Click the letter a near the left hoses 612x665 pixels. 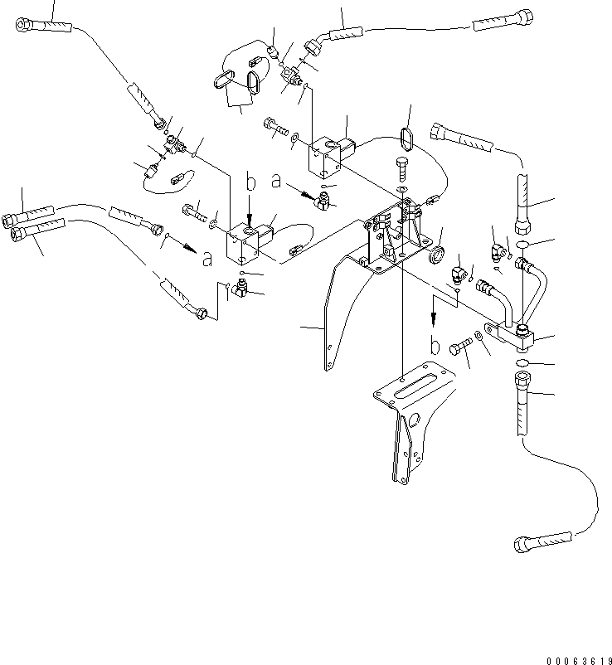point(206,259)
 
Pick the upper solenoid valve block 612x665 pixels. point(324,157)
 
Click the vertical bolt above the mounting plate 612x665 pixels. point(403,170)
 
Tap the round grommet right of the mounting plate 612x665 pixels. point(437,255)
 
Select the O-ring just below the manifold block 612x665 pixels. point(522,363)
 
